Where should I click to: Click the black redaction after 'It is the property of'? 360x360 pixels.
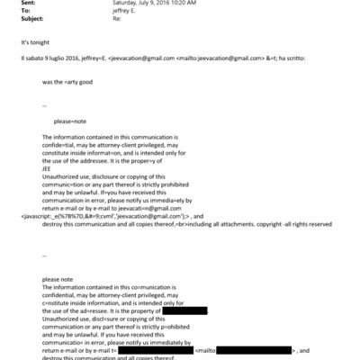(x=178, y=310)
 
